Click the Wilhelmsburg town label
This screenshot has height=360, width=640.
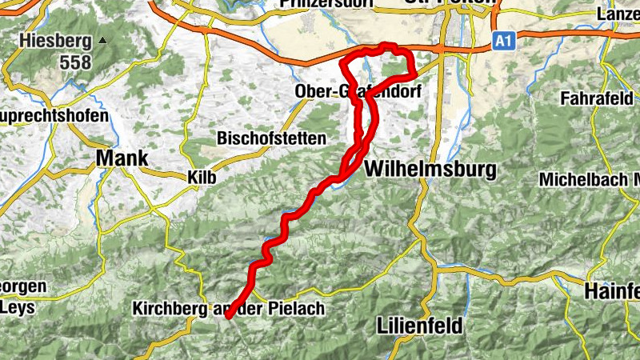(x=430, y=170)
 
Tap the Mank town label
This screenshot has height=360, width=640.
(x=122, y=158)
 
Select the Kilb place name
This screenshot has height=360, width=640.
(x=201, y=176)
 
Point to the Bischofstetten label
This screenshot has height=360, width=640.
(x=271, y=138)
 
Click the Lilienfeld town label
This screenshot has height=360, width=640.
(x=418, y=326)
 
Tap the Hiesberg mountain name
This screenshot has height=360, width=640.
(x=54, y=41)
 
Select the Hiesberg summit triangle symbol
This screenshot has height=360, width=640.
(x=102, y=39)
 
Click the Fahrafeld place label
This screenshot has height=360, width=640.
(x=596, y=98)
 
